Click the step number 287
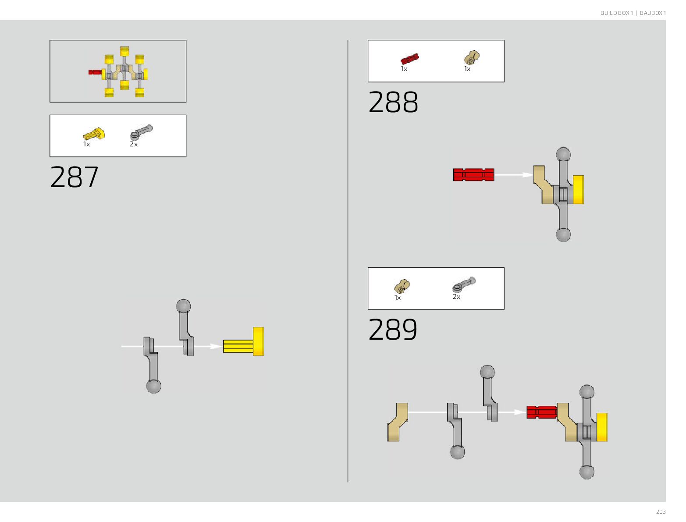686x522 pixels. [x=75, y=178]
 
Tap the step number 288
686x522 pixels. [x=393, y=103]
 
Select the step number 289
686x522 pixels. [x=393, y=330]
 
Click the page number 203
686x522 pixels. [x=661, y=512]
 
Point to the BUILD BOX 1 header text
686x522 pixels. [x=617, y=13]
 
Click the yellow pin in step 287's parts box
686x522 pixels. [x=94, y=133]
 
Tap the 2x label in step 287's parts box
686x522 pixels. [x=134, y=144]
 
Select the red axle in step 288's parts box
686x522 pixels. [x=410, y=59]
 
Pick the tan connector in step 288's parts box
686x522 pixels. [x=471, y=57]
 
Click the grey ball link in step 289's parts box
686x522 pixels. [x=464, y=285]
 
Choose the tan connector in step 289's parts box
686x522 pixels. [x=402, y=286]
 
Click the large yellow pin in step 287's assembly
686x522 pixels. [x=244, y=342]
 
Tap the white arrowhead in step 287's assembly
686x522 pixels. [x=216, y=346]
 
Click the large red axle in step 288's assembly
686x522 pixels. [x=473, y=174]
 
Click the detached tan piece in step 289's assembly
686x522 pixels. [x=398, y=422]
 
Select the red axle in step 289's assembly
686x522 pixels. [x=541, y=412]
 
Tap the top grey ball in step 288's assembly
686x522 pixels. [x=563, y=155]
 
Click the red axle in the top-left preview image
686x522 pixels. [x=94, y=72]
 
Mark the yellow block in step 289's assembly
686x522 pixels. [x=602, y=427]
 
